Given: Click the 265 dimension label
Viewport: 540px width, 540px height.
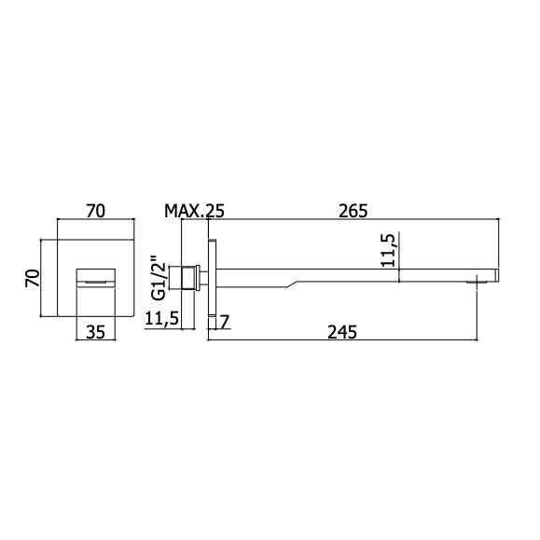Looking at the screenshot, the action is pos(353,211).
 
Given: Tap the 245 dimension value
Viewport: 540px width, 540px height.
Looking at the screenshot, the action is pos(342,332).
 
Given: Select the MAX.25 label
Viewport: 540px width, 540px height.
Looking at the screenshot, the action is pos(194,211).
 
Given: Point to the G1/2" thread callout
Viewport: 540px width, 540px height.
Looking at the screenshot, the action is pos(159,278).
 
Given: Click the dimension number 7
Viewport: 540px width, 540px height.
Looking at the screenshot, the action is pos(224,322).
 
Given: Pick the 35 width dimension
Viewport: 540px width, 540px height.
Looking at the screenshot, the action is pos(95,332).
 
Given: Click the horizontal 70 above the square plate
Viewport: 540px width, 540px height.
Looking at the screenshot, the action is pos(95,211).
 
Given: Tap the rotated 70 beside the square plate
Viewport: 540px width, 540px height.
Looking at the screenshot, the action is pos(33,278).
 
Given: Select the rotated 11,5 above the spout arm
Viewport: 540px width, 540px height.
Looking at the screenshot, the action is pos(388,250).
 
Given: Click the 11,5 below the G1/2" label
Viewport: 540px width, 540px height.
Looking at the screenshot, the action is pos(162,318).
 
